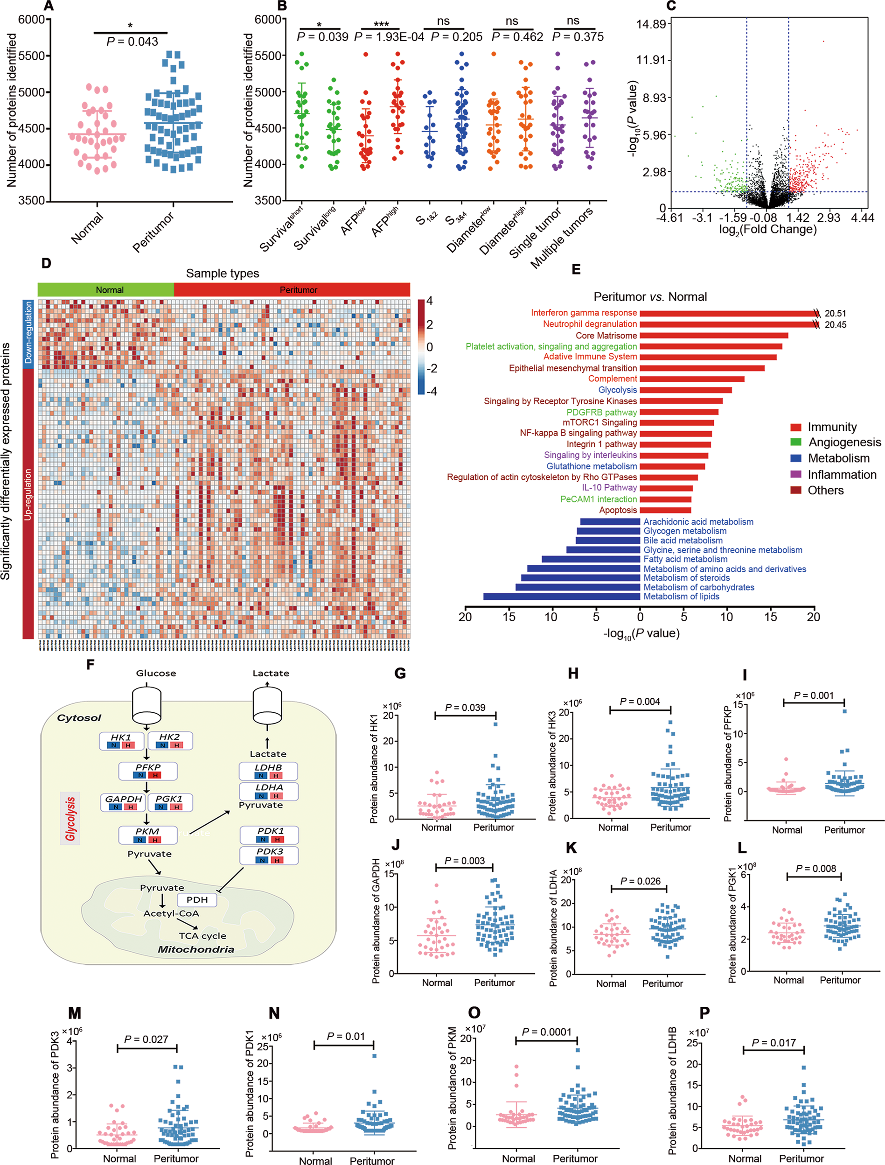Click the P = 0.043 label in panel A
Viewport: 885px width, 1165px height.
tap(132, 42)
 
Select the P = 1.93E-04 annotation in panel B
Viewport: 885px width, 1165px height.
tap(389, 37)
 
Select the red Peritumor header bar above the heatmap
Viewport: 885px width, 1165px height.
tap(292, 290)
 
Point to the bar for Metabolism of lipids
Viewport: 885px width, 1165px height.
tap(562, 597)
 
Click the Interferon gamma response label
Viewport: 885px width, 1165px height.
tap(584, 313)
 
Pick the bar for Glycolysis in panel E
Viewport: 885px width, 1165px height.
tap(685, 390)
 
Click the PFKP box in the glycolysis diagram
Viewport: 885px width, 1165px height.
tap(147, 771)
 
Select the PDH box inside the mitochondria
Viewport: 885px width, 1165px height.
tap(197, 899)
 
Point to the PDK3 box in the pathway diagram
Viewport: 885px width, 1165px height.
tap(269, 855)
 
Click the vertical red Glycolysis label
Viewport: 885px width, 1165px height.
tap(70, 818)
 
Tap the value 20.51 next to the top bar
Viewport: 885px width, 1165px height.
tap(836, 314)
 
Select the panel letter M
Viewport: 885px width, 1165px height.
tap(74, 1013)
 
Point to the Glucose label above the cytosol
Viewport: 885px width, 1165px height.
tap(156, 673)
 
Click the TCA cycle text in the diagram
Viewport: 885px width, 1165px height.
tap(202, 936)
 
